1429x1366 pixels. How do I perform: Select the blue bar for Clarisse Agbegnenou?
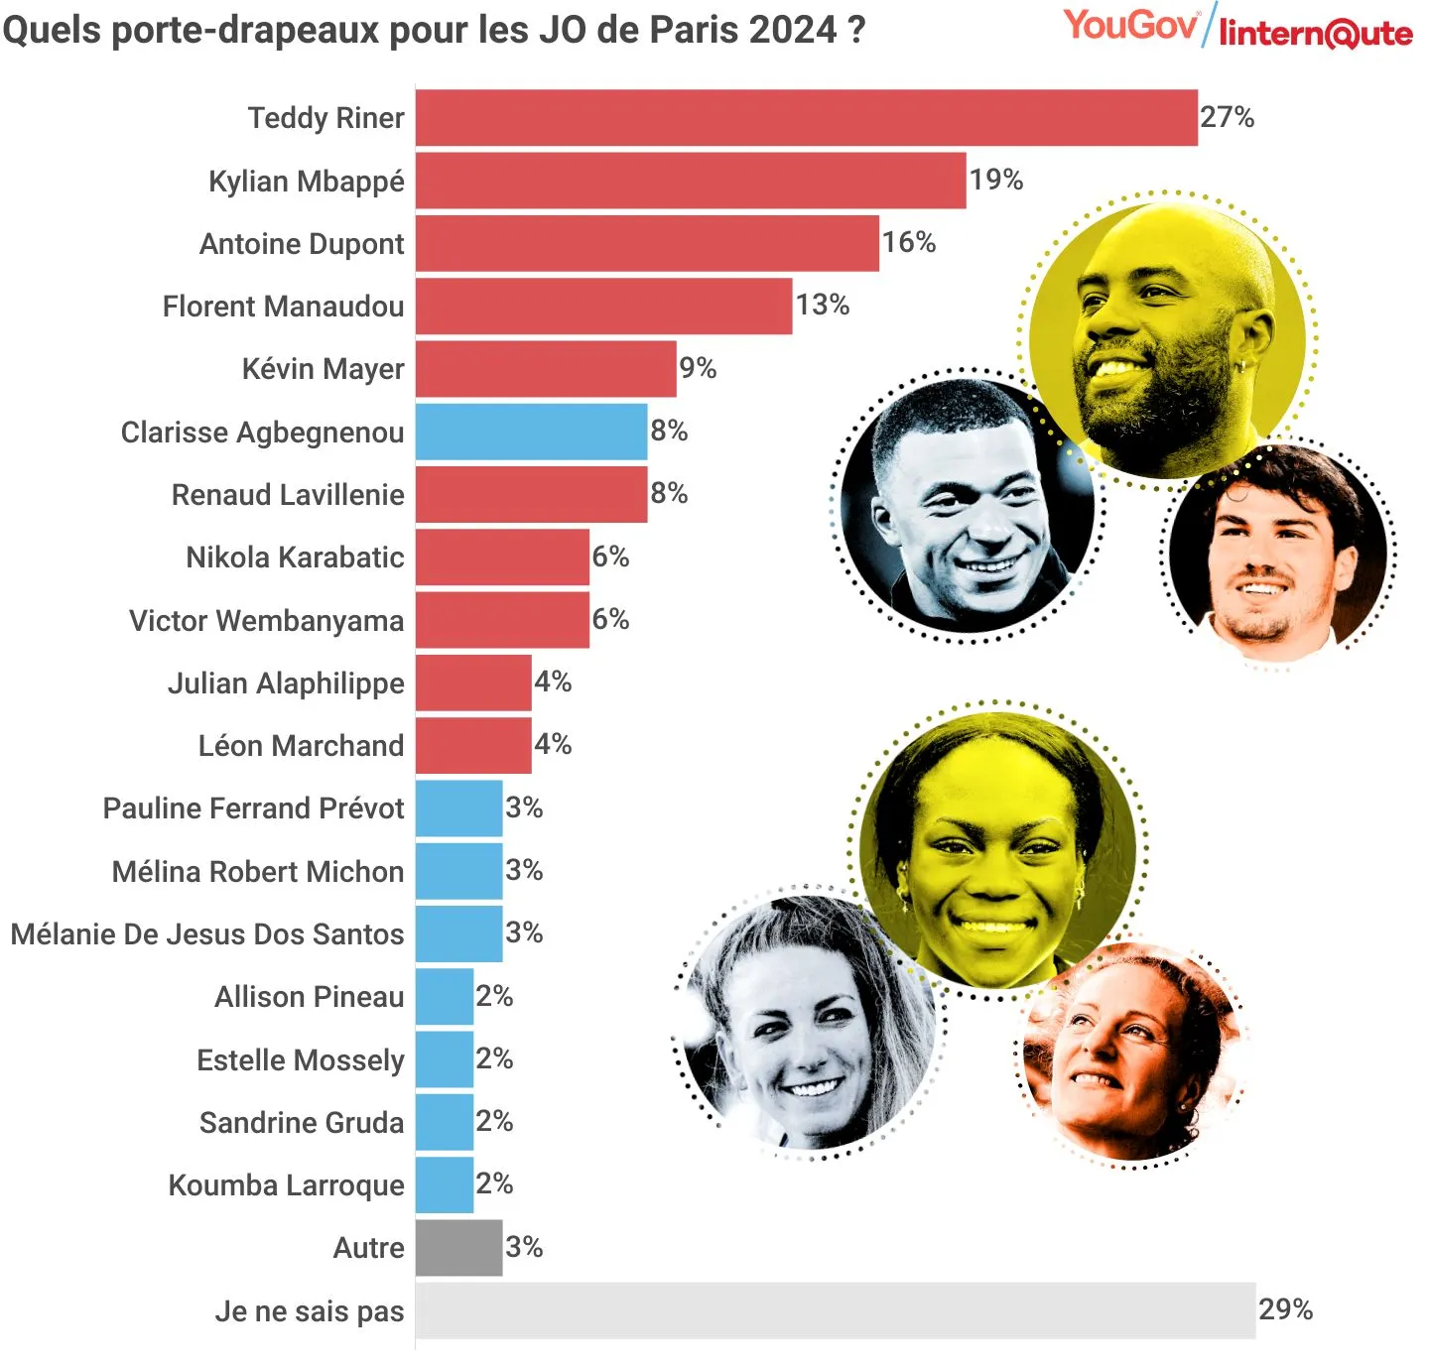(x=531, y=432)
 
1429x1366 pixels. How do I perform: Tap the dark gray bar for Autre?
(x=458, y=1247)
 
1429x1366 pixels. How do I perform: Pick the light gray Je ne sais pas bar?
(x=835, y=1310)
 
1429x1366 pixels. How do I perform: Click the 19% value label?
(x=995, y=180)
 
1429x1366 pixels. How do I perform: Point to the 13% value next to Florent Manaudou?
(x=822, y=305)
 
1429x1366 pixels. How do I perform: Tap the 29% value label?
(x=1285, y=1309)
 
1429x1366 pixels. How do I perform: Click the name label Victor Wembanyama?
(x=266, y=621)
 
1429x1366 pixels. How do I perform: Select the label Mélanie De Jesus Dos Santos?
(x=207, y=934)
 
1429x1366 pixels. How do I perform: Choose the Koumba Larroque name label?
(x=286, y=1185)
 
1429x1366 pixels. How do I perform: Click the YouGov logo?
(x=1130, y=25)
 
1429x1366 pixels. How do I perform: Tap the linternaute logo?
(x=1315, y=34)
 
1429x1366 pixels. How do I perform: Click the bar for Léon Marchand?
(x=473, y=746)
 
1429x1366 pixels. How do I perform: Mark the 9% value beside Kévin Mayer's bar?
(x=698, y=368)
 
